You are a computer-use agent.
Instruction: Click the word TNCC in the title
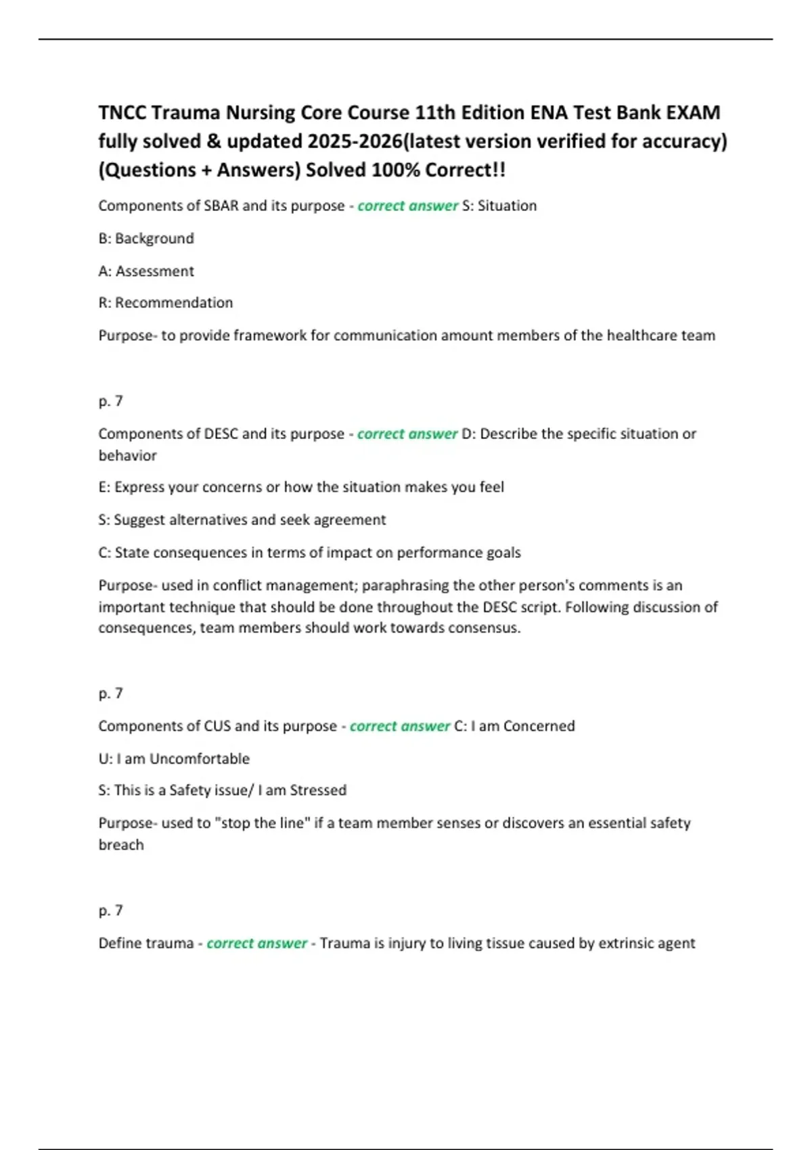point(122,112)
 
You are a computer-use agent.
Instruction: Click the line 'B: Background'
point(146,238)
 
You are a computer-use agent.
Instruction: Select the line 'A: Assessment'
point(146,271)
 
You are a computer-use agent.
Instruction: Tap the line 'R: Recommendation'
point(166,303)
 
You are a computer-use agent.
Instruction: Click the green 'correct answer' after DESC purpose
point(407,434)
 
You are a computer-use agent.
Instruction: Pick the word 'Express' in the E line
point(138,487)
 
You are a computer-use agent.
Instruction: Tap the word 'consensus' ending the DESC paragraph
point(486,628)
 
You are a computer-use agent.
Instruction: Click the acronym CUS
point(217,726)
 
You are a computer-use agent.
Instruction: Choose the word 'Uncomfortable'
point(200,759)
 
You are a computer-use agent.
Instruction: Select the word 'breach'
point(121,845)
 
